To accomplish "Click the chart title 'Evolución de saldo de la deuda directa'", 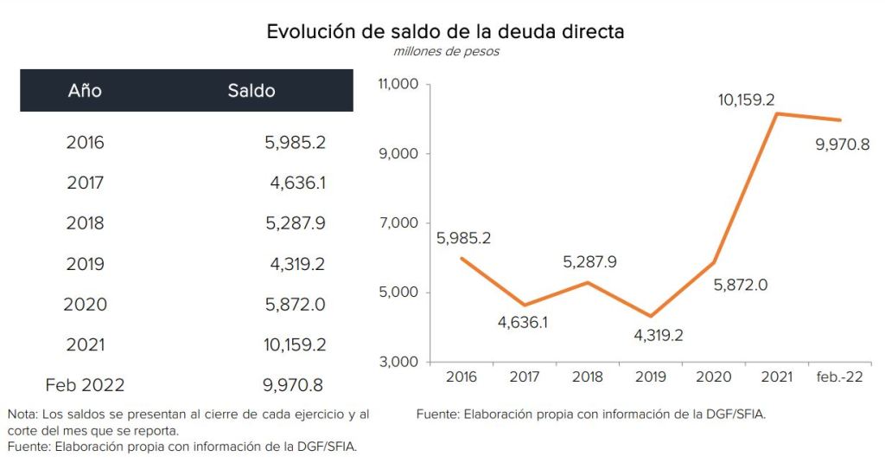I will pos(445,32).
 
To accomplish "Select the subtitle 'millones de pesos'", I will pos(446,52).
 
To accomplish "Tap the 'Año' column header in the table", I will pos(85,90).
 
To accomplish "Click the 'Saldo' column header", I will pos(251,90).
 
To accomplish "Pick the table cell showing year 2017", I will pos(85,183).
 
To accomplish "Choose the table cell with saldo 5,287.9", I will pos(295,223).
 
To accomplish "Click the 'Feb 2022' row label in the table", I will pos(85,385).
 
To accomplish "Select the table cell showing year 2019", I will pos(85,264).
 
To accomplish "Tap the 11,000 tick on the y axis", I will pos(398,85).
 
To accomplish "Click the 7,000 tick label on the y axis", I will pos(400,223).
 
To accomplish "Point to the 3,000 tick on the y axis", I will pos(400,362).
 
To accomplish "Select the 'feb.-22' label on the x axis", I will pos(838,377).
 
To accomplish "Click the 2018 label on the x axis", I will pos(588,377).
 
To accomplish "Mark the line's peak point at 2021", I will pos(777,113).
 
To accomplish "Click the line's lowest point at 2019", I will pos(651,316).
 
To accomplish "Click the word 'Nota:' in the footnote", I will pos(23,415).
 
